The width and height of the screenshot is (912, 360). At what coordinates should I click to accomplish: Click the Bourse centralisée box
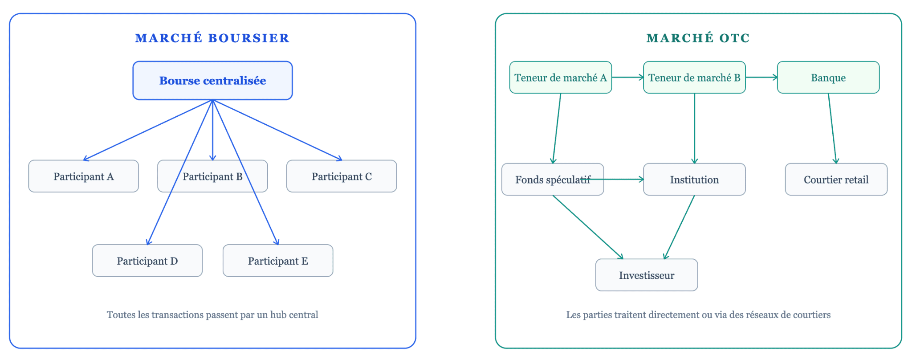click(212, 81)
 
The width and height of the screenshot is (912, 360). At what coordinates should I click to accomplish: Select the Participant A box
click(83, 176)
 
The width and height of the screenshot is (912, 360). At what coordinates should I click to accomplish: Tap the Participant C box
click(342, 176)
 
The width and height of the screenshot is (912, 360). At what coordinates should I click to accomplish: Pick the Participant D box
click(147, 261)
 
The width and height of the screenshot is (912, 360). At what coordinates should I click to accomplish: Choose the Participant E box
click(277, 261)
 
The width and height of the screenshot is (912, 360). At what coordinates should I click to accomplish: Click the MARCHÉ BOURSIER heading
click(212, 38)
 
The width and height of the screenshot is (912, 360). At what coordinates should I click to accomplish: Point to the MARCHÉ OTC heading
click(698, 38)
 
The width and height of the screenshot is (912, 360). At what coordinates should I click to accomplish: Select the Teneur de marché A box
click(560, 78)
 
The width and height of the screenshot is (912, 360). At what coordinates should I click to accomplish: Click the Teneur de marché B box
click(694, 78)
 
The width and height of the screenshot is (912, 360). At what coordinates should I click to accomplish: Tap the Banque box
click(828, 78)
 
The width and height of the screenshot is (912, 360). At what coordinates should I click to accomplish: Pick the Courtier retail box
click(836, 180)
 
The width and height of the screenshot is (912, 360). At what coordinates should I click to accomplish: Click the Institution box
click(694, 180)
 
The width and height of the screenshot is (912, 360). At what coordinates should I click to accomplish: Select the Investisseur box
click(646, 275)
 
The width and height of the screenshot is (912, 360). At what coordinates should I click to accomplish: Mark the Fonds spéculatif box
click(552, 180)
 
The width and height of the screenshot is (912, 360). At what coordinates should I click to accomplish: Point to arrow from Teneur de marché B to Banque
click(761, 78)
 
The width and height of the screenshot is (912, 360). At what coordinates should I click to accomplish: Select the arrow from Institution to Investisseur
click(679, 227)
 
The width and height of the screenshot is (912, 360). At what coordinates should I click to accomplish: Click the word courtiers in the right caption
click(814, 315)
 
